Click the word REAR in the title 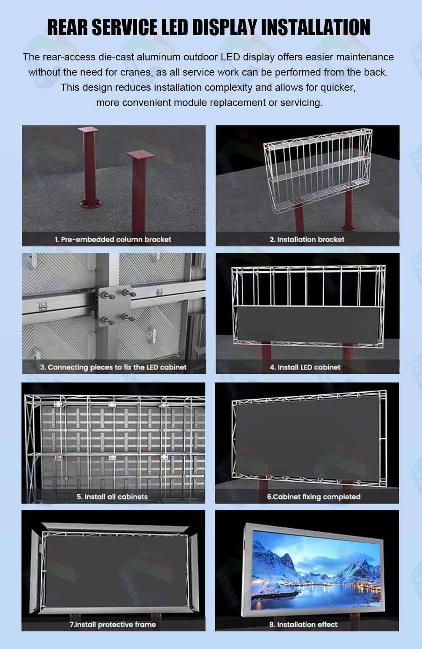[x=68, y=27]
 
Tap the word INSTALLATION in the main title [x=315, y=27]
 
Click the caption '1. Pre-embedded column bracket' [x=113, y=239]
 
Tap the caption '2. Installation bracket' [x=307, y=239]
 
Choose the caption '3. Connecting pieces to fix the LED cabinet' [x=114, y=367]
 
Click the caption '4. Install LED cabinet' [x=305, y=367]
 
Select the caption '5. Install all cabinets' [x=112, y=497]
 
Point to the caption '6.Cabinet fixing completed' [x=314, y=497]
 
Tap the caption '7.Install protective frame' [x=113, y=625]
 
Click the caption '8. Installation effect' [x=303, y=625]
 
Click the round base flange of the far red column [x=91, y=204]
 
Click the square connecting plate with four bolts [x=114, y=307]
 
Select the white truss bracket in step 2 [x=318, y=171]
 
